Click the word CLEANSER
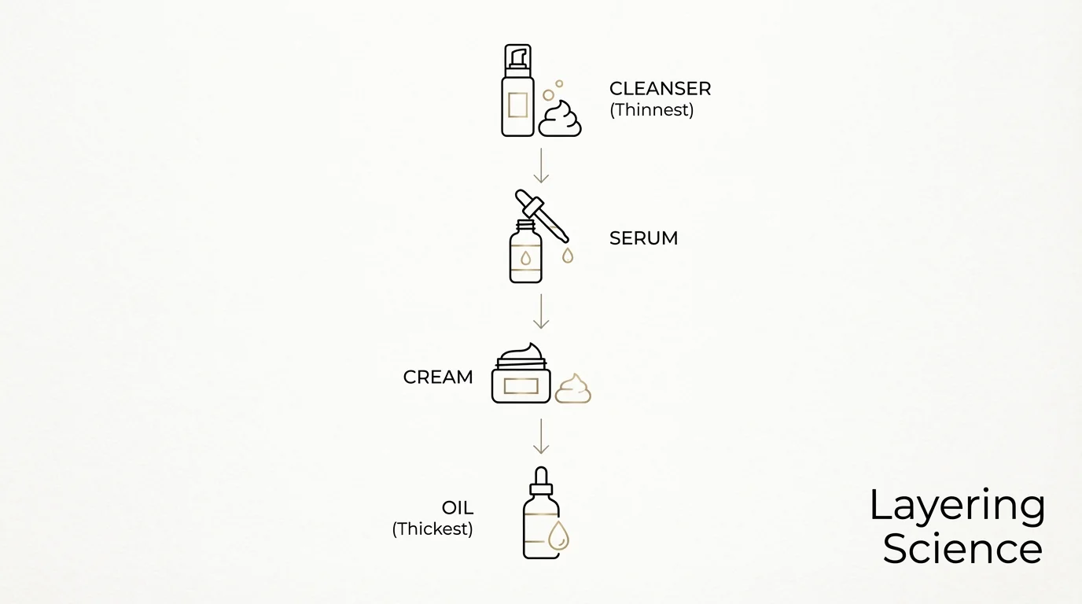pyautogui.click(x=660, y=89)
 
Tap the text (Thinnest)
pyautogui.click(x=651, y=110)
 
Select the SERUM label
pyautogui.click(x=643, y=238)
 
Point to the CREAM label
pyautogui.click(x=438, y=377)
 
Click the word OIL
pyautogui.click(x=457, y=508)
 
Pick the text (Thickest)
pyautogui.click(x=432, y=528)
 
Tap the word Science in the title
pyautogui.click(x=962, y=549)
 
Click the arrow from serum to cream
pyautogui.click(x=540, y=311)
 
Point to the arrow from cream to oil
pyautogui.click(x=540, y=436)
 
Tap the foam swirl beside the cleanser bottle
pyautogui.click(x=560, y=119)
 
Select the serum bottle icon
pyautogui.click(x=525, y=252)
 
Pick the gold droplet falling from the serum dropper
pyautogui.click(x=567, y=255)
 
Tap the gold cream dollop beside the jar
pyautogui.click(x=572, y=389)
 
